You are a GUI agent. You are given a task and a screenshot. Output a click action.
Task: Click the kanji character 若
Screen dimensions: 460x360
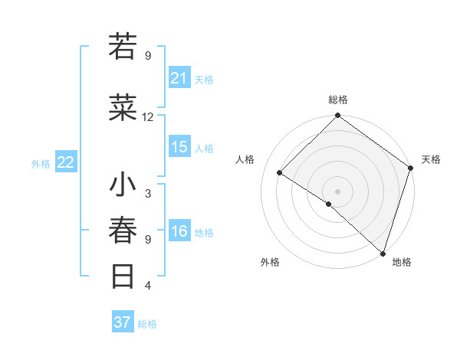coord(123,47)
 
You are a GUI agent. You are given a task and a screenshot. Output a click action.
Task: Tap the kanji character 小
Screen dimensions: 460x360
coord(123,186)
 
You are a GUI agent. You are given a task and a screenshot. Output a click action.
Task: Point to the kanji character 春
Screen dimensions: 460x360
coord(123,230)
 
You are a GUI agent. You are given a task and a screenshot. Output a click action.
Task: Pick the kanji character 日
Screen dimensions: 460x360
coord(123,275)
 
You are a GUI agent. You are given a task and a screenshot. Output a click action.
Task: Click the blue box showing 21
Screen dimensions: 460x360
coord(179,78)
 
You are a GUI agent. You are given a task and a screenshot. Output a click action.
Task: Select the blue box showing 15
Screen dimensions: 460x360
coord(179,148)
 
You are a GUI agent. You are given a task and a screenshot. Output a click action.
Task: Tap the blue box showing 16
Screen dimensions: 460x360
coord(179,232)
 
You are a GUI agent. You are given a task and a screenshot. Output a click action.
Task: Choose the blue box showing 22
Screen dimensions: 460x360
coord(66,162)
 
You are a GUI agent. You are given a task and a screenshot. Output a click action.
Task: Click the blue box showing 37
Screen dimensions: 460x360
coord(122,322)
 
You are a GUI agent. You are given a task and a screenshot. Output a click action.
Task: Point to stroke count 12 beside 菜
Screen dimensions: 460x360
coord(148,117)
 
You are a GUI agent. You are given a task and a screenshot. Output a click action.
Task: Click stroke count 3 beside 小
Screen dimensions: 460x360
coord(148,193)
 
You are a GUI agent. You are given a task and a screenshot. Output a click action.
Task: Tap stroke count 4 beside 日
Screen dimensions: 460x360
coord(148,286)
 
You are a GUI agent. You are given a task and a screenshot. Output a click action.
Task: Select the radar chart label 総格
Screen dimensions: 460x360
coord(337,100)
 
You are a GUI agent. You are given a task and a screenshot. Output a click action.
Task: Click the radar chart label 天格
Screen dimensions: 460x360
coord(431,159)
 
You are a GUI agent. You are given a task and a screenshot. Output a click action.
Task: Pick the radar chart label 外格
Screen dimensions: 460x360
coord(270,262)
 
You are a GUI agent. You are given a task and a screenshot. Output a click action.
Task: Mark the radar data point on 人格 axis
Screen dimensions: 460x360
coord(280,173)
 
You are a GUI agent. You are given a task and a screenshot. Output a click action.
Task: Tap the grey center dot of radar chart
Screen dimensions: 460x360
coord(337,191)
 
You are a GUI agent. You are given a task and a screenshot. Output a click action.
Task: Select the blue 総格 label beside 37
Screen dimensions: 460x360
coord(148,324)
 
